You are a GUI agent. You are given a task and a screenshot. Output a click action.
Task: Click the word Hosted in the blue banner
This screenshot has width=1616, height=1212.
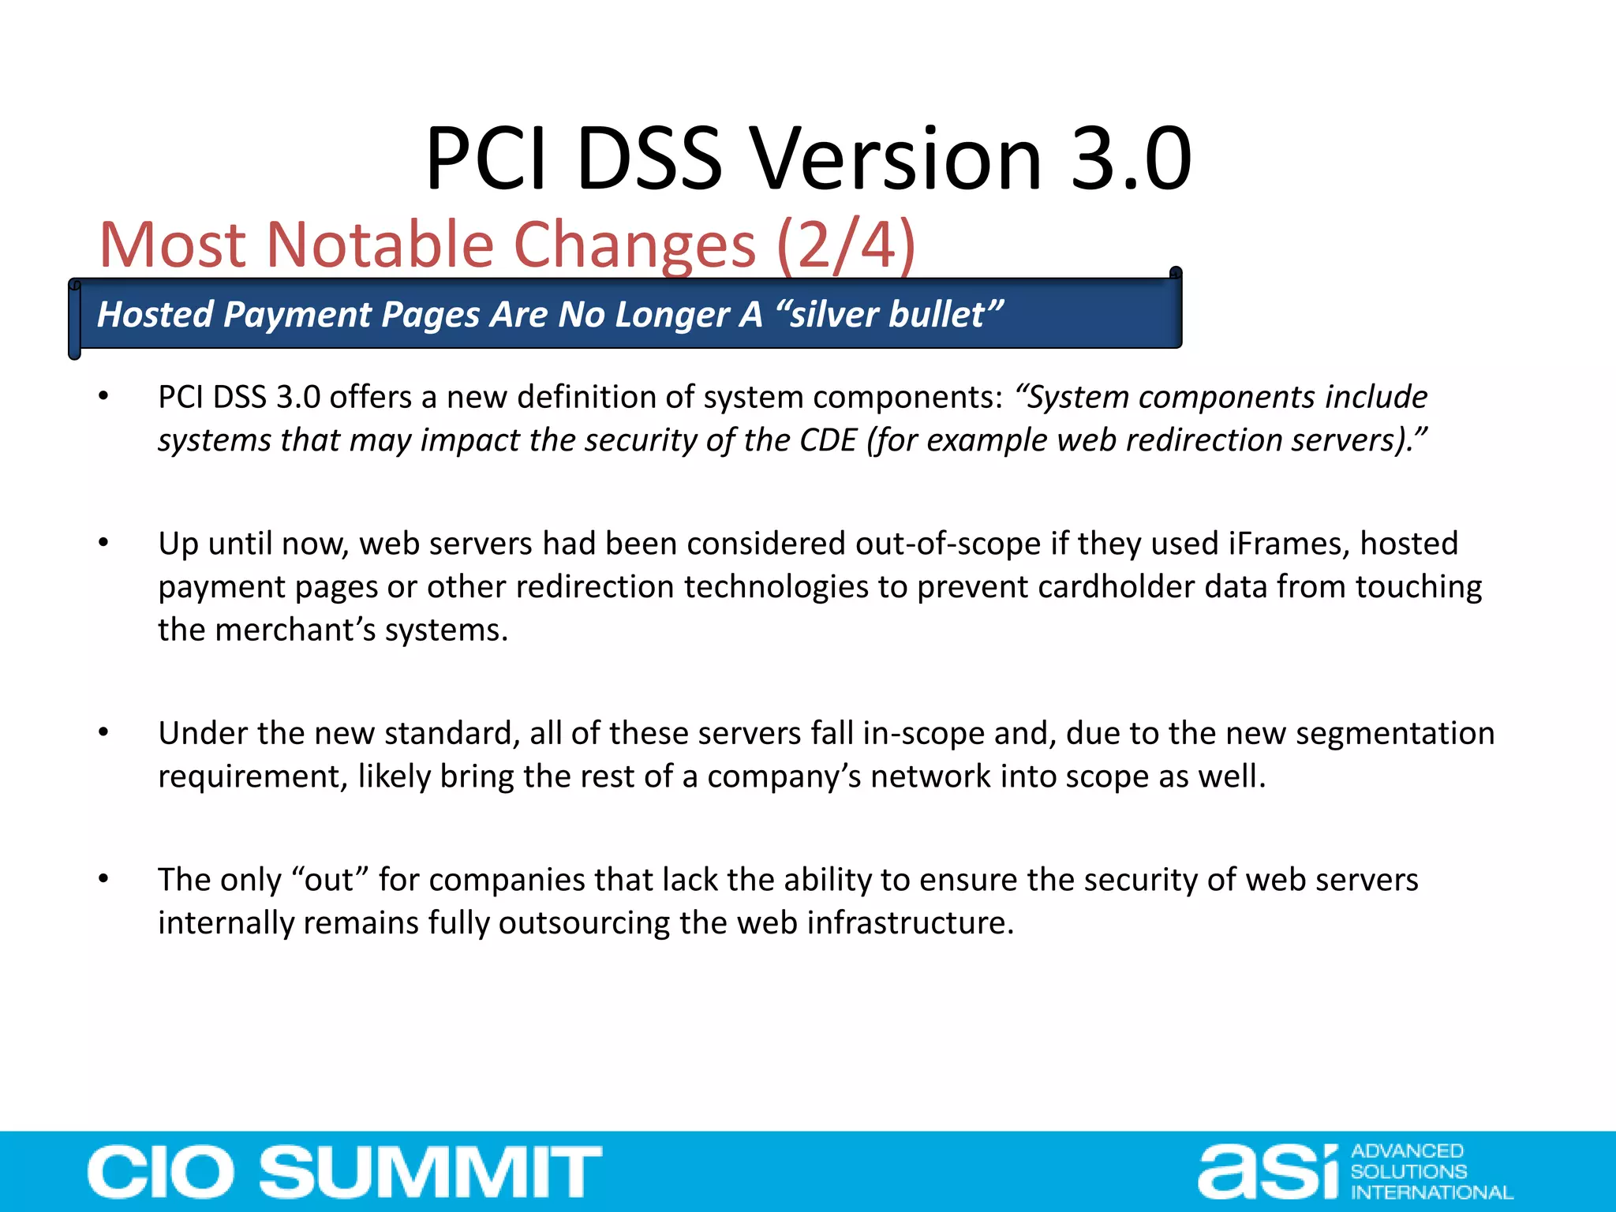click(155, 314)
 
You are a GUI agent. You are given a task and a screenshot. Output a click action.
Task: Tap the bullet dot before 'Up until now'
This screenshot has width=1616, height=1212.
click(103, 543)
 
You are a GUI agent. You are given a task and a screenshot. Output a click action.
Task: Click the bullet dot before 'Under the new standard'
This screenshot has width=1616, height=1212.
click(103, 732)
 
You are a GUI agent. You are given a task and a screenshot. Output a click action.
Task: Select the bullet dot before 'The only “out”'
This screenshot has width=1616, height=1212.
click(103, 878)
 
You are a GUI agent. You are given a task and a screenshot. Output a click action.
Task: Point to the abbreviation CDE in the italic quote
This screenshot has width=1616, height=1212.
click(828, 440)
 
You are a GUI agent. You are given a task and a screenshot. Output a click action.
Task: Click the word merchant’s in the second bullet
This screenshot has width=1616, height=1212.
click(294, 630)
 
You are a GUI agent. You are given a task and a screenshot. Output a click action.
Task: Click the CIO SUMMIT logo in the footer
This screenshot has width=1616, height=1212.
click(344, 1172)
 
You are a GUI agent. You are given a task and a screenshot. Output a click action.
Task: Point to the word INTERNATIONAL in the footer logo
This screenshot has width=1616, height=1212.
click(1431, 1192)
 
